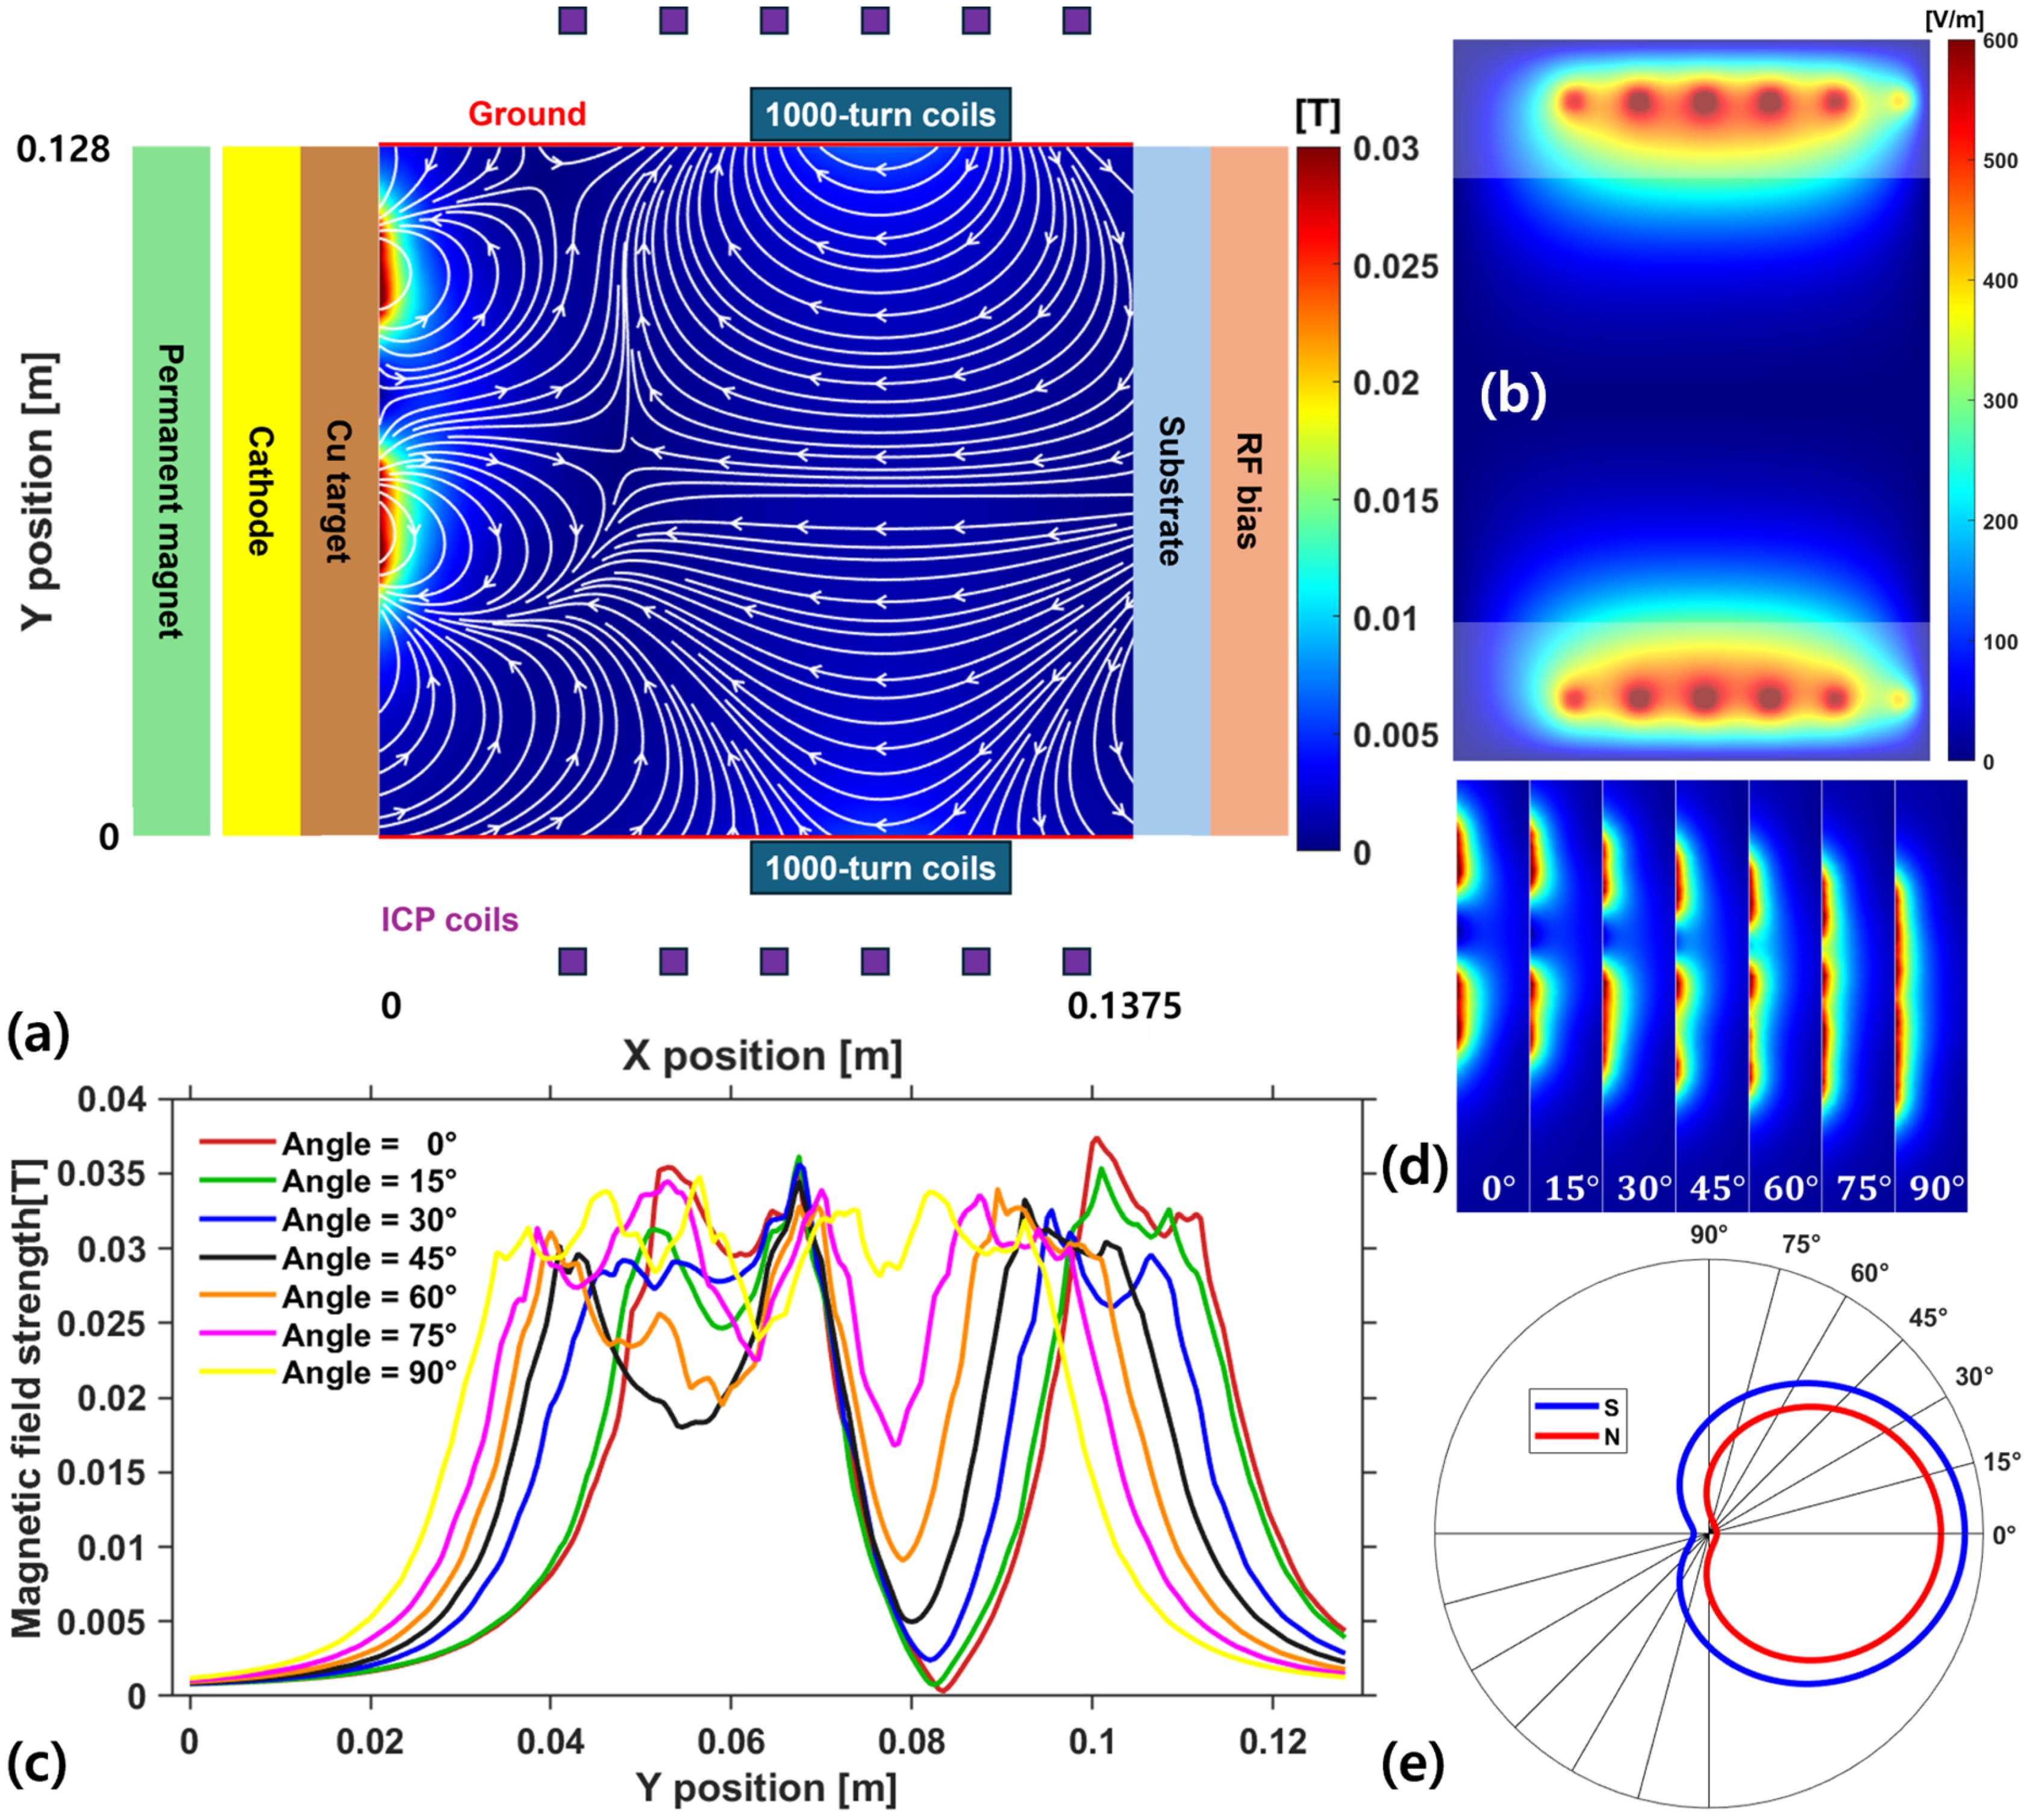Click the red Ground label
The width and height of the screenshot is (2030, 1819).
tap(526, 114)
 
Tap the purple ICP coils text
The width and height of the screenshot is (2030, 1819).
tap(450, 920)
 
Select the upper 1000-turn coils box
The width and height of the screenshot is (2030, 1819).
tap(879, 115)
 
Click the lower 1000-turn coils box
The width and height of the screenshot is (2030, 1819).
tap(879, 867)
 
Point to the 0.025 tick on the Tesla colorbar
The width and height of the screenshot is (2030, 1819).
tap(1395, 267)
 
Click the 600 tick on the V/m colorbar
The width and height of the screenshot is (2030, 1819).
tap(2000, 42)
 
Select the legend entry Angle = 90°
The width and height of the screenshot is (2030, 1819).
tap(369, 1373)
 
